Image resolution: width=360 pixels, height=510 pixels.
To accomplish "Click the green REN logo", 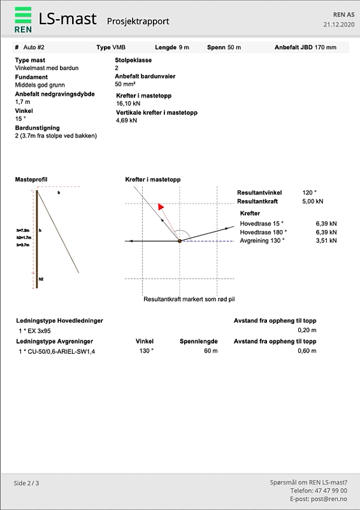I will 23,19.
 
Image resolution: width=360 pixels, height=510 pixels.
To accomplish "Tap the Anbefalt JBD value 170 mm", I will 326,47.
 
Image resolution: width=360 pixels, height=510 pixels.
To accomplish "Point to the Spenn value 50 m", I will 234,47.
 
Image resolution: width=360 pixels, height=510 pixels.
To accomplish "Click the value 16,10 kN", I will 127,103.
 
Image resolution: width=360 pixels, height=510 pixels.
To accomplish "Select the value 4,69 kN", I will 126,120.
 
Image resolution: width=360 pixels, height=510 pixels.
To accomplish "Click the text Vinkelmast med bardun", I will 46,67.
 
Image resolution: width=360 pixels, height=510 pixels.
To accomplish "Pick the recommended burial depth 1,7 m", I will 22,101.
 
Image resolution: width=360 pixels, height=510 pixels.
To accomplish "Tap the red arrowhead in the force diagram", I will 161,207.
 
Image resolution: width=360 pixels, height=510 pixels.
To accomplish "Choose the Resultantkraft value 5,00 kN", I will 312,201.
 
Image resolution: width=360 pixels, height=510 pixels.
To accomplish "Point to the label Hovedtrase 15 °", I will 261,224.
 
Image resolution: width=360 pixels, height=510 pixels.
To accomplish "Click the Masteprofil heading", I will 31,180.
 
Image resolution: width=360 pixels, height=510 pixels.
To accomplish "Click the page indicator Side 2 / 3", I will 27,483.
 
